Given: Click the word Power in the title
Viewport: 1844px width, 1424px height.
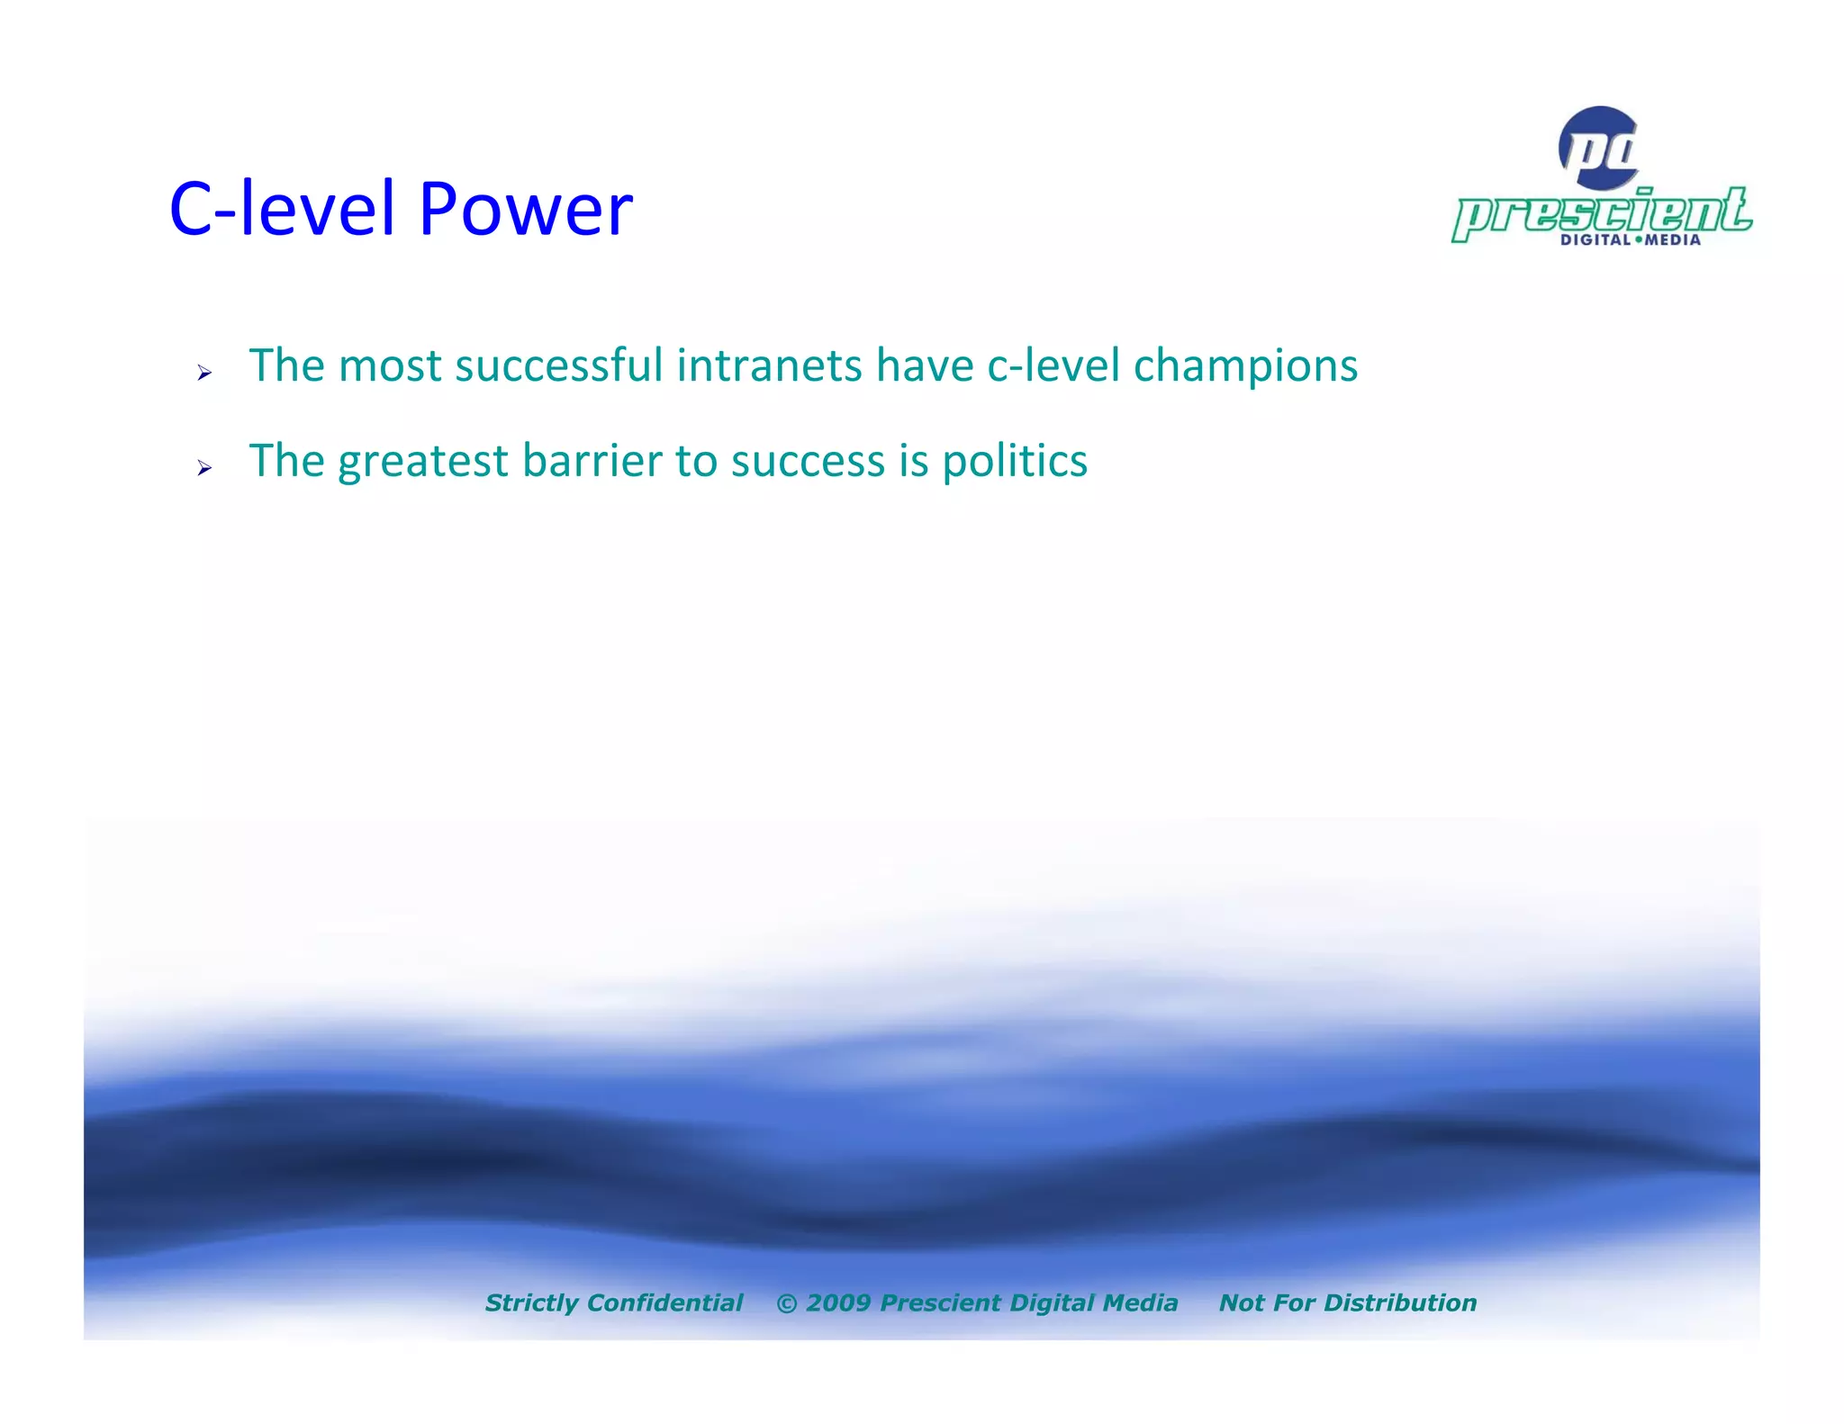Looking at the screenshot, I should point(526,209).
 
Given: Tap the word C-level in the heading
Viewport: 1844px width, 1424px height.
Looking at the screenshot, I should point(282,209).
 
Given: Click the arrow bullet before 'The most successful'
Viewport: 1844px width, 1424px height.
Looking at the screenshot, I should point(204,372).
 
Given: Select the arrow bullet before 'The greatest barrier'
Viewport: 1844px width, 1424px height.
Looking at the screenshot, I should point(204,467).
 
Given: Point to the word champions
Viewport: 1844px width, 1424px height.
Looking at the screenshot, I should point(1245,365).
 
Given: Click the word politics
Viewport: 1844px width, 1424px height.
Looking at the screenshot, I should point(1015,462).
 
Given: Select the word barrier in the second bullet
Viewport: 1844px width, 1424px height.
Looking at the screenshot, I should point(592,461).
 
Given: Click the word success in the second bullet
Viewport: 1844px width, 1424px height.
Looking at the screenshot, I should point(808,462).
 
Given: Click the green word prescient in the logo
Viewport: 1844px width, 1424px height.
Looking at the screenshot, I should point(1602,213).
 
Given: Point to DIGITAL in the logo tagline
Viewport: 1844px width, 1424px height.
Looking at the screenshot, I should point(1595,240).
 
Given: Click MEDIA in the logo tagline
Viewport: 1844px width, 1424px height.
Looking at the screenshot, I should point(1673,240).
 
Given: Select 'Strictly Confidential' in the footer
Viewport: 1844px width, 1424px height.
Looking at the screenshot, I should point(613,1302).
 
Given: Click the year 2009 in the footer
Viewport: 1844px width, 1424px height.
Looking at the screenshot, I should point(837,1302).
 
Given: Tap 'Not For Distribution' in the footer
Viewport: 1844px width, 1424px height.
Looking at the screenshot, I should point(1347,1302).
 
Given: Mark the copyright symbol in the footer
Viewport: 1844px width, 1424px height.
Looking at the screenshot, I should point(786,1303).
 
